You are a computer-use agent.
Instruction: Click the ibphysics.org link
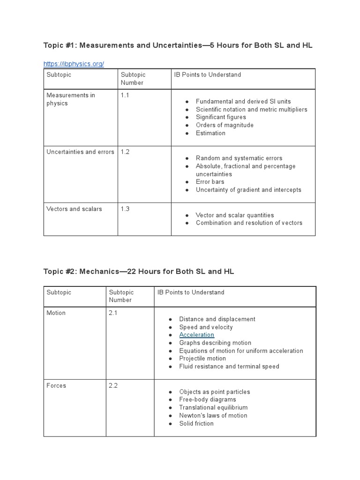[74, 64]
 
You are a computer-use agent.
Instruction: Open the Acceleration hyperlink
[196, 335]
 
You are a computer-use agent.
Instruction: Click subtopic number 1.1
[125, 95]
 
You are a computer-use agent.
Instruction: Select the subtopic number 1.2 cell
[125, 152]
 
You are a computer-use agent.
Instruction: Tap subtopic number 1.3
[125, 209]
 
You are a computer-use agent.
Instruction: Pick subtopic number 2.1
[113, 313]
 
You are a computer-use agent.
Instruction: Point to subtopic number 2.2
[113, 385]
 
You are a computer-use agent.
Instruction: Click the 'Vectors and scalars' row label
[74, 209]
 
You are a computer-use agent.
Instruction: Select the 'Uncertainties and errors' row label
[80, 152]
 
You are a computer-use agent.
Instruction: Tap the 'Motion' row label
[56, 313]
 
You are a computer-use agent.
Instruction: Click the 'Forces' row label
[56, 385]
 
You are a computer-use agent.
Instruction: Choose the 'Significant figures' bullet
[221, 117]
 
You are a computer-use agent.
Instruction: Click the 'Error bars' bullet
[210, 182]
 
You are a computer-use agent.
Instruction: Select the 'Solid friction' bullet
[196, 423]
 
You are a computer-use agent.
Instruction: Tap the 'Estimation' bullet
[210, 133]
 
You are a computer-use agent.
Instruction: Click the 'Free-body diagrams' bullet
[208, 399]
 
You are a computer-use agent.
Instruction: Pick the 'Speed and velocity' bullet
[206, 327]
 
